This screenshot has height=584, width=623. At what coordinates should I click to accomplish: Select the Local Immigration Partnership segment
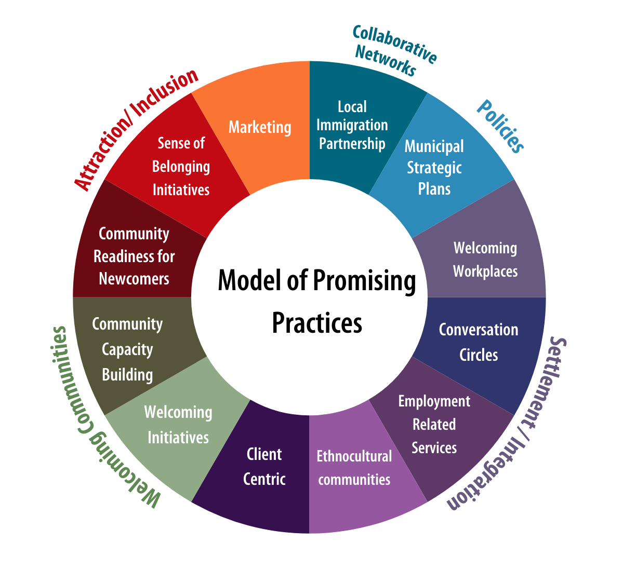(352, 125)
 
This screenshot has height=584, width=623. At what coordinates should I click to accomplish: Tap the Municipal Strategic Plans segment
(434, 167)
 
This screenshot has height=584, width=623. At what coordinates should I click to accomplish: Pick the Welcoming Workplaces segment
(485, 259)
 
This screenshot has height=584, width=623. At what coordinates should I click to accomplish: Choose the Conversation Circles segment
(478, 342)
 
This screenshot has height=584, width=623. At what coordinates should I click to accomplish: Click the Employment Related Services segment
(434, 424)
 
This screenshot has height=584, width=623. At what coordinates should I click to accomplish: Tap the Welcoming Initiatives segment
(178, 425)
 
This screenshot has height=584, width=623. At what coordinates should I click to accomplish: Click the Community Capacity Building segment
(127, 349)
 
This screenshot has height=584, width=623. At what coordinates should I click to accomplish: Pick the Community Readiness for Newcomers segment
(134, 256)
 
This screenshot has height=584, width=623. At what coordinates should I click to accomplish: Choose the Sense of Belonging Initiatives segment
(181, 166)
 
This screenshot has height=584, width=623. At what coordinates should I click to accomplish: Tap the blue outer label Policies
(500, 126)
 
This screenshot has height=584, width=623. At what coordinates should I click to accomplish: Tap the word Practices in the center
(317, 322)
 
